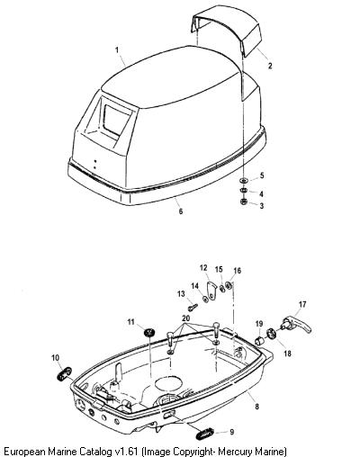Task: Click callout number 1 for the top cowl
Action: click(x=117, y=49)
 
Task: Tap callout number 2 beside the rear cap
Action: click(x=270, y=66)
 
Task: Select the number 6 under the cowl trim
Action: click(x=181, y=211)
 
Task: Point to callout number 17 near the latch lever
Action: click(x=302, y=304)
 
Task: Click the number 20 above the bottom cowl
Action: click(x=186, y=318)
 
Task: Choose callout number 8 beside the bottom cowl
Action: click(x=256, y=407)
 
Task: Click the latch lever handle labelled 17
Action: click(x=296, y=326)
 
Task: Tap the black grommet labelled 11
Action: click(x=148, y=332)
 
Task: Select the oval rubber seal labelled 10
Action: click(x=64, y=373)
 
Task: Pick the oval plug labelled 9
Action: click(x=204, y=434)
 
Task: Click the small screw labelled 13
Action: click(x=193, y=307)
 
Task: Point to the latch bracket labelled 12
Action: click(x=212, y=291)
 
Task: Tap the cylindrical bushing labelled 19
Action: click(x=259, y=341)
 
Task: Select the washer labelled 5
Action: click(x=244, y=181)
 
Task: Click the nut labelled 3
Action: click(x=244, y=202)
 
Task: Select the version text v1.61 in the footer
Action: click(x=127, y=451)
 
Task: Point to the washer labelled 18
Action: click(x=272, y=334)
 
